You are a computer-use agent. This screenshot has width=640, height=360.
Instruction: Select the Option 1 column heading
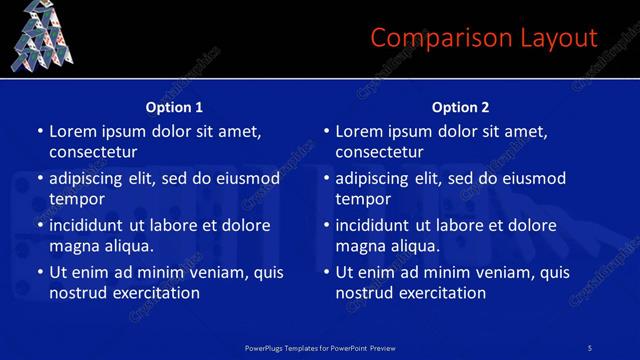(x=174, y=107)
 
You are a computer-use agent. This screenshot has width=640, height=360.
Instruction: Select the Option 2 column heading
(x=460, y=107)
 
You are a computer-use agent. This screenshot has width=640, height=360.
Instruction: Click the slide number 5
(x=590, y=347)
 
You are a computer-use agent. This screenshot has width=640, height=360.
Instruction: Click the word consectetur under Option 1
(x=93, y=152)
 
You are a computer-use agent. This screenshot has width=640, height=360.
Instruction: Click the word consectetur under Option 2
(x=379, y=152)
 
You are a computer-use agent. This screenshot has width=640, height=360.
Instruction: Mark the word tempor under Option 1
(x=73, y=199)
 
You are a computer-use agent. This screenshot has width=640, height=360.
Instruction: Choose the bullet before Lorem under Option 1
(x=39, y=132)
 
